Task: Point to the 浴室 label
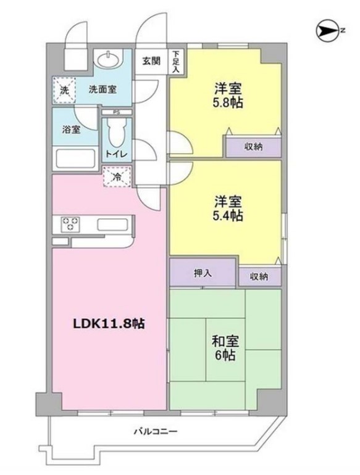coord(70,130)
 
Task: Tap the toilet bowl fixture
coord(115,131)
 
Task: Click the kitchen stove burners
coord(70,223)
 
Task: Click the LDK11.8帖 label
coord(110,323)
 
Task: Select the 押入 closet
coord(203,273)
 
